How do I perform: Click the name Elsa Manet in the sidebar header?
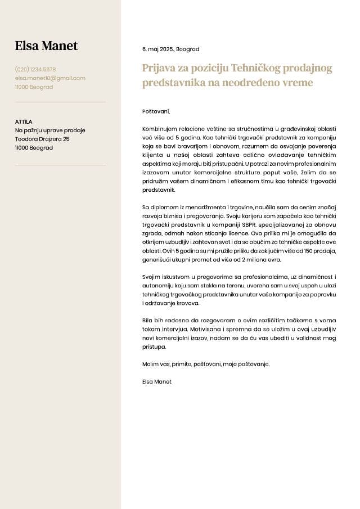click(46, 46)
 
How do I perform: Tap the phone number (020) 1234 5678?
click(35, 70)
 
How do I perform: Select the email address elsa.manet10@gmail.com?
click(50, 78)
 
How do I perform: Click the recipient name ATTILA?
click(24, 121)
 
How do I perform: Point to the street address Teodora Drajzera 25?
click(42, 139)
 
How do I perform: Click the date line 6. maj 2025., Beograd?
click(170, 49)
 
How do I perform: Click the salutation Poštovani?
click(156, 111)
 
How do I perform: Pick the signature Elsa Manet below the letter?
click(157, 381)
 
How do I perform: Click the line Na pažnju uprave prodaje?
click(50, 130)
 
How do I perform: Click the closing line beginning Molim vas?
click(206, 364)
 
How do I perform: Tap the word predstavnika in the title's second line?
click(175, 83)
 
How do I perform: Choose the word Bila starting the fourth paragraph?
click(148, 321)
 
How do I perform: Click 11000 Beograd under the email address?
click(34, 87)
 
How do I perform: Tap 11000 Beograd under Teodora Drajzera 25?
click(34, 148)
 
